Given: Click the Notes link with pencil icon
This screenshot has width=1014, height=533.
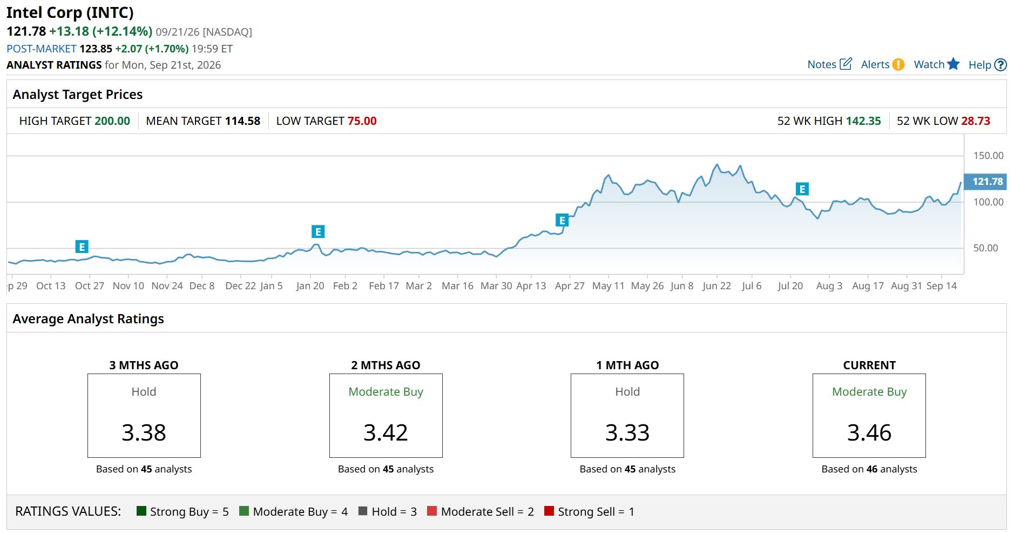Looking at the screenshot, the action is tap(829, 64).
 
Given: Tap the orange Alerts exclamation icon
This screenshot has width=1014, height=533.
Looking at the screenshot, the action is tap(898, 64).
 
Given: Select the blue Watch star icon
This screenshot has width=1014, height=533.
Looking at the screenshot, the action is tap(954, 64).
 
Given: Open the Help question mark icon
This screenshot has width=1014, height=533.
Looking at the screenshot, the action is tap(1001, 65).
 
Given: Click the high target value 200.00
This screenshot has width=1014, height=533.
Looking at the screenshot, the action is tap(112, 121).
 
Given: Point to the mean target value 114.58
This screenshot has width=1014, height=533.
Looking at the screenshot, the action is tap(242, 121).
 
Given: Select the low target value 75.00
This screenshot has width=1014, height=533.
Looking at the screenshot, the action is tap(362, 121).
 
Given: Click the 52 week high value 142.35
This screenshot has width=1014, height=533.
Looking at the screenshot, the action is tap(863, 121).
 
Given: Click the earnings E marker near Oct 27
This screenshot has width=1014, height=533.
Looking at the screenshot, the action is tap(82, 247).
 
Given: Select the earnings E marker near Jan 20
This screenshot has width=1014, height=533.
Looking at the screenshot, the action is tap(318, 232).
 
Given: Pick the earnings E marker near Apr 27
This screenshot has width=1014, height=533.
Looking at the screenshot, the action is tap(562, 221).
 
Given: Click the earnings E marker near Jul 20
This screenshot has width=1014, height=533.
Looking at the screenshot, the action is tap(802, 189).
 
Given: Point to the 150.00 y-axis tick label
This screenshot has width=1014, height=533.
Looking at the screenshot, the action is tap(988, 156).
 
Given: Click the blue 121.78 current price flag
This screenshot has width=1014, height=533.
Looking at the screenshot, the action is tap(985, 182).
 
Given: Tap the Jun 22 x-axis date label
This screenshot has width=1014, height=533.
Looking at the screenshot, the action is tap(716, 286).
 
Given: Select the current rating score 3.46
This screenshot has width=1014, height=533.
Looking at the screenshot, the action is tap(869, 432).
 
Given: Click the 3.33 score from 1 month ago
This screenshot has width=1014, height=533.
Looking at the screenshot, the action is tap(627, 432).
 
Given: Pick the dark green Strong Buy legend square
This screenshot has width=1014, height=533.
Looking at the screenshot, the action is tap(141, 511).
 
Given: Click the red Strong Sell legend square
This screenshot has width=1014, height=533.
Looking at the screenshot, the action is tap(549, 511).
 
